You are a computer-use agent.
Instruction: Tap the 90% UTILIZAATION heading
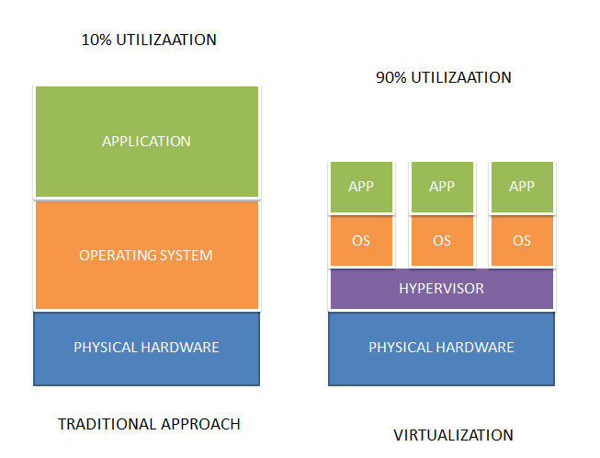point(443,78)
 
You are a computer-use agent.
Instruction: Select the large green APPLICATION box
point(146,142)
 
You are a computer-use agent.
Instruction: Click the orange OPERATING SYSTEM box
point(146,255)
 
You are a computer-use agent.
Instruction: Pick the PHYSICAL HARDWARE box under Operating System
point(146,348)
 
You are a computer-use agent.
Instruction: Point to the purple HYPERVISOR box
point(441,289)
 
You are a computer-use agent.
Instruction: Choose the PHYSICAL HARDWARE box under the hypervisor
point(441,348)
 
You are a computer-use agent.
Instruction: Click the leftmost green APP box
point(361,187)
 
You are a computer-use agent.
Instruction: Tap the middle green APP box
point(442,187)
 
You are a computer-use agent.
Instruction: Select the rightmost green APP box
point(522,187)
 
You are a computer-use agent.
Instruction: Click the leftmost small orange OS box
point(361,241)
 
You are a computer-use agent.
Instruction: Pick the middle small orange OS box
point(442,241)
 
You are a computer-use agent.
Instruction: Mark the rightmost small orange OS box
point(522,241)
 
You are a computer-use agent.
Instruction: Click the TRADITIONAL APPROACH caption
point(149,424)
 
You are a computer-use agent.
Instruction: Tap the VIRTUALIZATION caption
point(453,435)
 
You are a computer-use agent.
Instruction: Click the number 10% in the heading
point(96,40)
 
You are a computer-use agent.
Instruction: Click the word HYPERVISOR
point(441,289)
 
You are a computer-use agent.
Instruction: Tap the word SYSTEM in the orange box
point(187,255)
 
